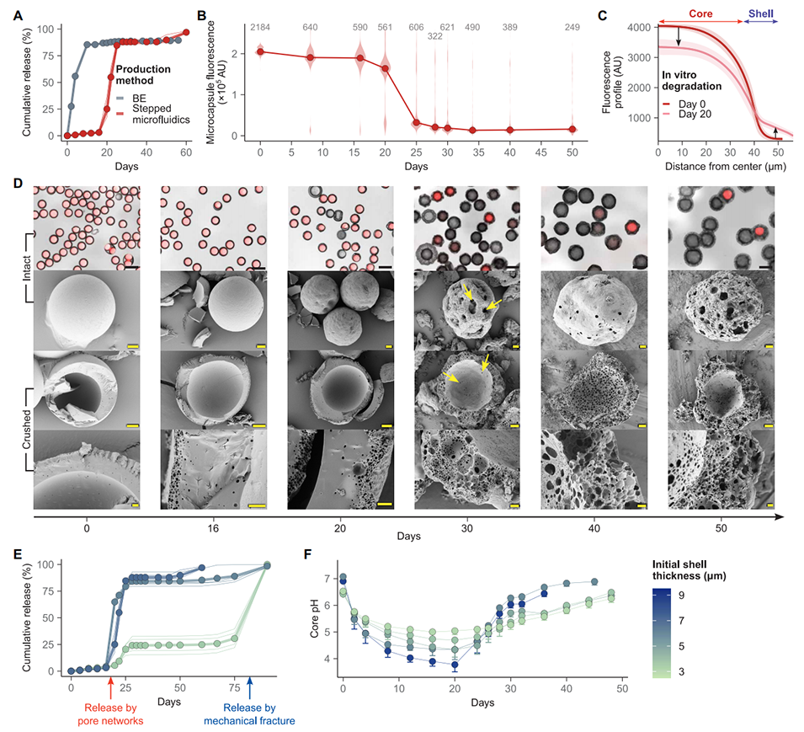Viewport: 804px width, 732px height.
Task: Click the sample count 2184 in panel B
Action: pos(260,28)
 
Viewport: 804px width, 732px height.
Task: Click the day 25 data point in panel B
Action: pos(416,123)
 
